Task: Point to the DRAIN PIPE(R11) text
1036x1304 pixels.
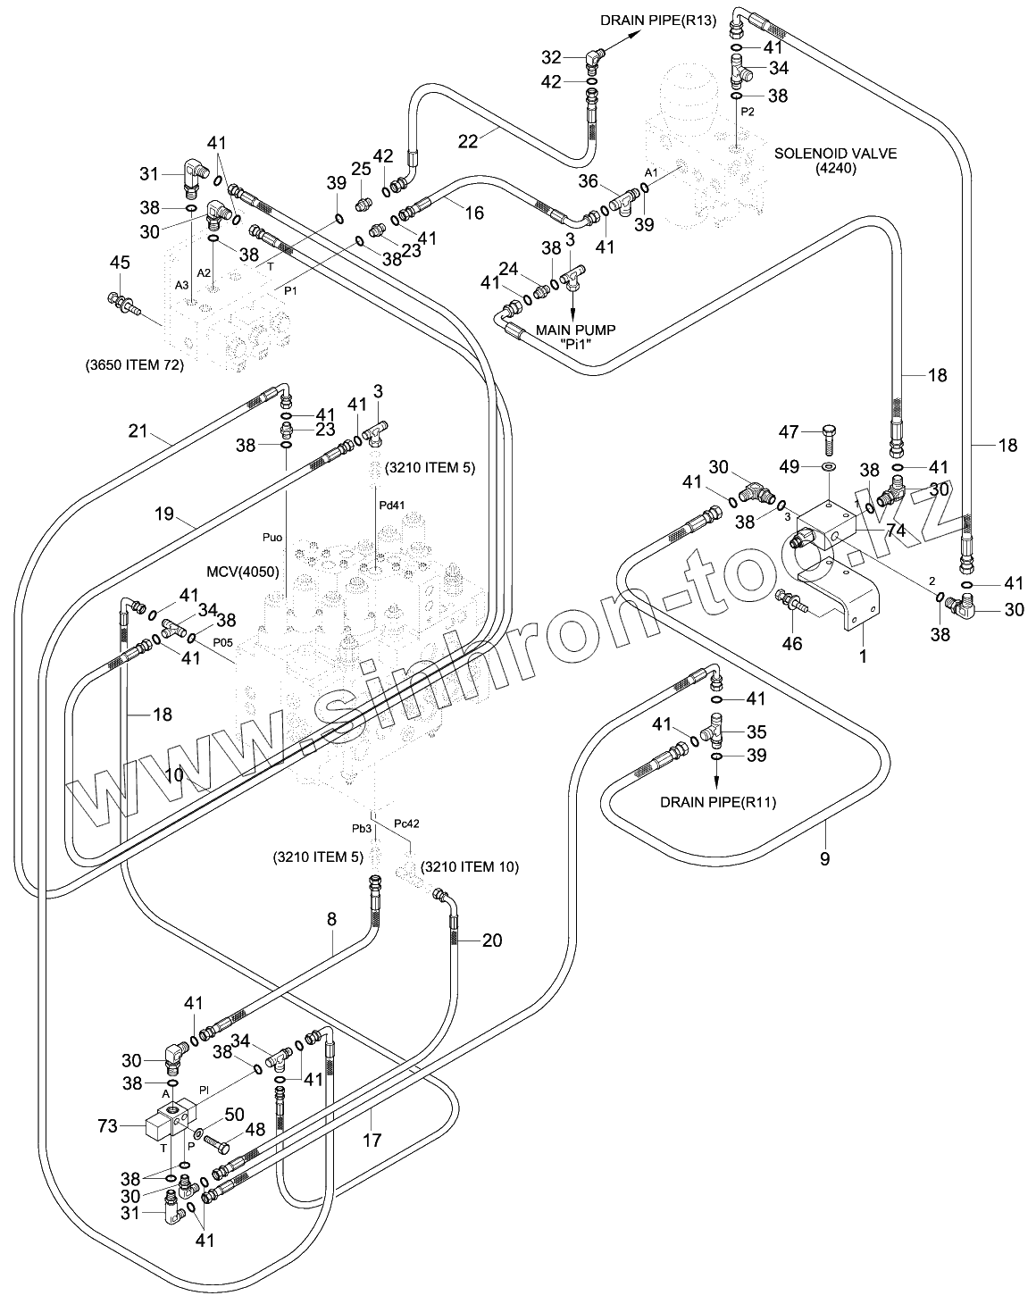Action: click(x=717, y=802)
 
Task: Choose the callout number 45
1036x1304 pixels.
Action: click(x=119, y=262)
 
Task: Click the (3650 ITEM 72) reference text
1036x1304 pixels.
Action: click(x=134, y=364)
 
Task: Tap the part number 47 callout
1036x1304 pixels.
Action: click(x=790, y=433)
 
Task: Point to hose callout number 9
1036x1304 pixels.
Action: click(x=824, y=858)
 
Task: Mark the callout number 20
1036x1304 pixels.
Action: click(x=492, y=940)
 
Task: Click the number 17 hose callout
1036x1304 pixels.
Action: click(x=372, y=1141)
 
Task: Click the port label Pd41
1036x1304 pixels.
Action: click(x=390, y=505)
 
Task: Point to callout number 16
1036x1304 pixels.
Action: click(x=473, y=212)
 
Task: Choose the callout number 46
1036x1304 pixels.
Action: click(x=792, y=642)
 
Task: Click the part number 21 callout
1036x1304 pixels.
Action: click(x=137, y=433)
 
